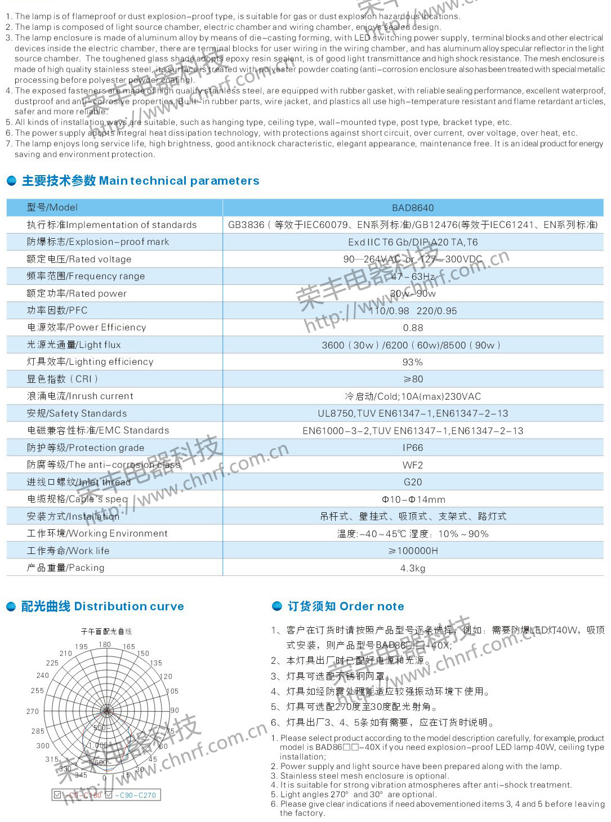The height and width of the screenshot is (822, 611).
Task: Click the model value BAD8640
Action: tap(413, 208)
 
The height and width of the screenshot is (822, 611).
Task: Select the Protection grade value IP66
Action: tap(413, 448)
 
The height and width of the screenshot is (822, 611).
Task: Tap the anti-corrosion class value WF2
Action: tap(413, 465)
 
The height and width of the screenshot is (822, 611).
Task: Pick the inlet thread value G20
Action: tap(413, 482)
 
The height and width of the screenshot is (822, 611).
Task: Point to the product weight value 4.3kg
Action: tap(413, 568)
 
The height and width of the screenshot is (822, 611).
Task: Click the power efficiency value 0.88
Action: tap(413, 328)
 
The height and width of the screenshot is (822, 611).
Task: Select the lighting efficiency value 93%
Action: tap(413, 362)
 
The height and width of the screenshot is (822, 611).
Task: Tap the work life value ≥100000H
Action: tap(413, 551)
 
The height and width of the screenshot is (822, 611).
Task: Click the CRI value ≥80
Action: tap(413, 379)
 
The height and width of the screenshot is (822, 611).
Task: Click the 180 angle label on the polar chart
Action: tap(105, 645)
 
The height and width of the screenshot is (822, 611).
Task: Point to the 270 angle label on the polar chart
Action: tap(33, 712)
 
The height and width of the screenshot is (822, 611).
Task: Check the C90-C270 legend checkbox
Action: tap(109, 795)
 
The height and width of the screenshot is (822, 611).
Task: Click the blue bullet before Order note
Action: tap(277, 606)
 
